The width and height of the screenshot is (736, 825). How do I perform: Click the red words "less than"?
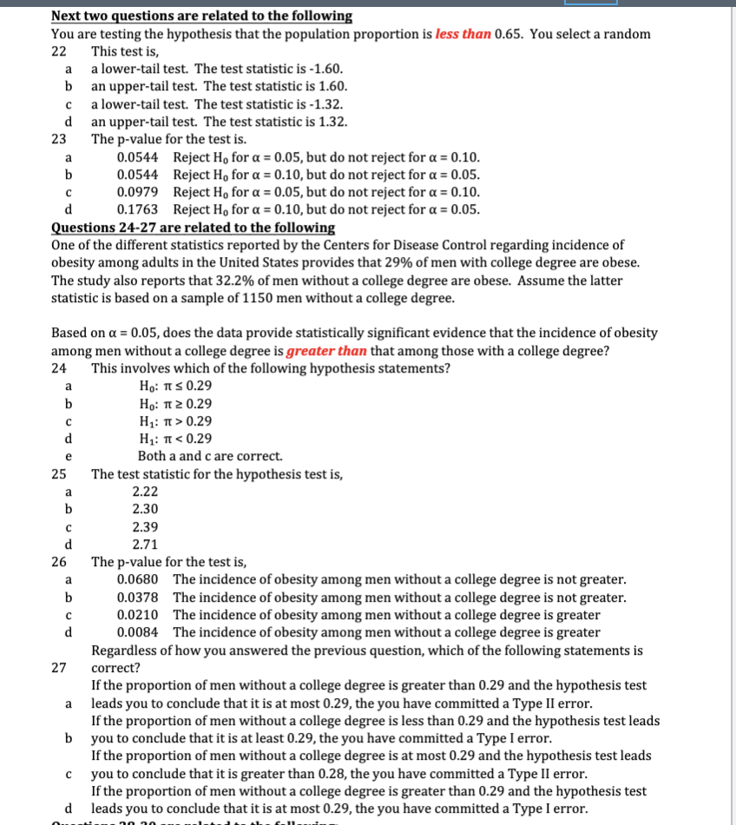pyautogui.click(x=463, y=34)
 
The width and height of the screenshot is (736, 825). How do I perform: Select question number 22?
pyautogui.click(x=59, y=51)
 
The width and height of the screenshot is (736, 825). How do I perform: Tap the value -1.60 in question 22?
pyautogui.click(x=325, y=69)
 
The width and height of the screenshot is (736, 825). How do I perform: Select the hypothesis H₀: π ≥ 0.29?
pyautogui.click(x=175, y=404)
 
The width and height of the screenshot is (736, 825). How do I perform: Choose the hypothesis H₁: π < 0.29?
pyautogui.click(x=175, y=439)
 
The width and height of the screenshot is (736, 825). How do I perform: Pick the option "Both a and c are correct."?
pyautogui.click(x=209, y=456)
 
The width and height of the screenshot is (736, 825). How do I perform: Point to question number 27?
pyautogui.click(x=59, y=668)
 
